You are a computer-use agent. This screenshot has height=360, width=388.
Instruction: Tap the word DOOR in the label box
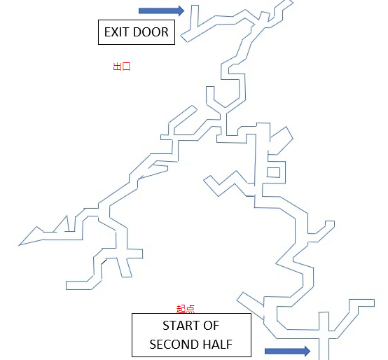151,32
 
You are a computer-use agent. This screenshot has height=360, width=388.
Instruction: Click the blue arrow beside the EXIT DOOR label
161,11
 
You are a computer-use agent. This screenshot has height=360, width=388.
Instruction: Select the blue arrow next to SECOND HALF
287,351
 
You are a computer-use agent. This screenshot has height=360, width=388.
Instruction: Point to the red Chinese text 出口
121,67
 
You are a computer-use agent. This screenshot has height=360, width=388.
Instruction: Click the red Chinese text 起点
186,309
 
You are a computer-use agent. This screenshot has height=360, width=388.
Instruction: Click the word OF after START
211,326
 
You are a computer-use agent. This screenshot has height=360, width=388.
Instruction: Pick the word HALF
218,345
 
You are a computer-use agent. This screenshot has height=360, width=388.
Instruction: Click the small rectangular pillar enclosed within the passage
273,172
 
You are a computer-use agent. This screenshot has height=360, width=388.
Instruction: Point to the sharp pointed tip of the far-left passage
19,245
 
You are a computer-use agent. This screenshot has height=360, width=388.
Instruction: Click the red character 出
117,67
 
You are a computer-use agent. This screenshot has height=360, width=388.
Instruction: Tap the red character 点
190,309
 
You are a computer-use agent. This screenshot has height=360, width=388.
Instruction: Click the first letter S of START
165,326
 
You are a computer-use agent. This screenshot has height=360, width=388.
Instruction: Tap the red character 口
126,67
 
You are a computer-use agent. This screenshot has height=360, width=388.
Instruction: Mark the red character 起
181,309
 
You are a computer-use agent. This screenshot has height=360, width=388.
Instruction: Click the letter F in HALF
229,345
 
